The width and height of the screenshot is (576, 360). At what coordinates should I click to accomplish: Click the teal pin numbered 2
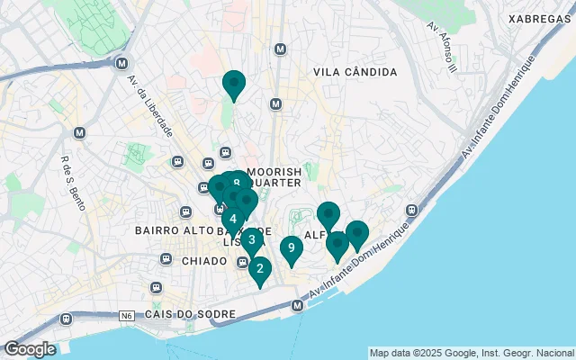pos(259,269)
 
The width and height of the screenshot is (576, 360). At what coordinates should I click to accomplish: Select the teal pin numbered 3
pos(251,240)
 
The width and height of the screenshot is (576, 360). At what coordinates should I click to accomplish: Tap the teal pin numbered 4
pos(232,219)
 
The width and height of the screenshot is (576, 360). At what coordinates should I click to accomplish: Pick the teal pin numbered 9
pos(291,247)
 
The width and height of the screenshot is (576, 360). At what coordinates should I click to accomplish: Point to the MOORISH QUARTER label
pos(273,176)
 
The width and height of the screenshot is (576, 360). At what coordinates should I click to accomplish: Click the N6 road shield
pos(126,316)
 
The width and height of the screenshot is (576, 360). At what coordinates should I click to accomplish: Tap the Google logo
pos(30,348)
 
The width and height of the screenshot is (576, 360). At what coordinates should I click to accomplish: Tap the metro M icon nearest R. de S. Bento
pos(79,133)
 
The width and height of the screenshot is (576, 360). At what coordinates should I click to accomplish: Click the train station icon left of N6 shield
pos(67,319)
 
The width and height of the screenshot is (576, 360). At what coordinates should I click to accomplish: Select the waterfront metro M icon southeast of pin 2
pos(298,307)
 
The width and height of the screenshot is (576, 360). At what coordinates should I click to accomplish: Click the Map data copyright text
pos(472,353)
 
